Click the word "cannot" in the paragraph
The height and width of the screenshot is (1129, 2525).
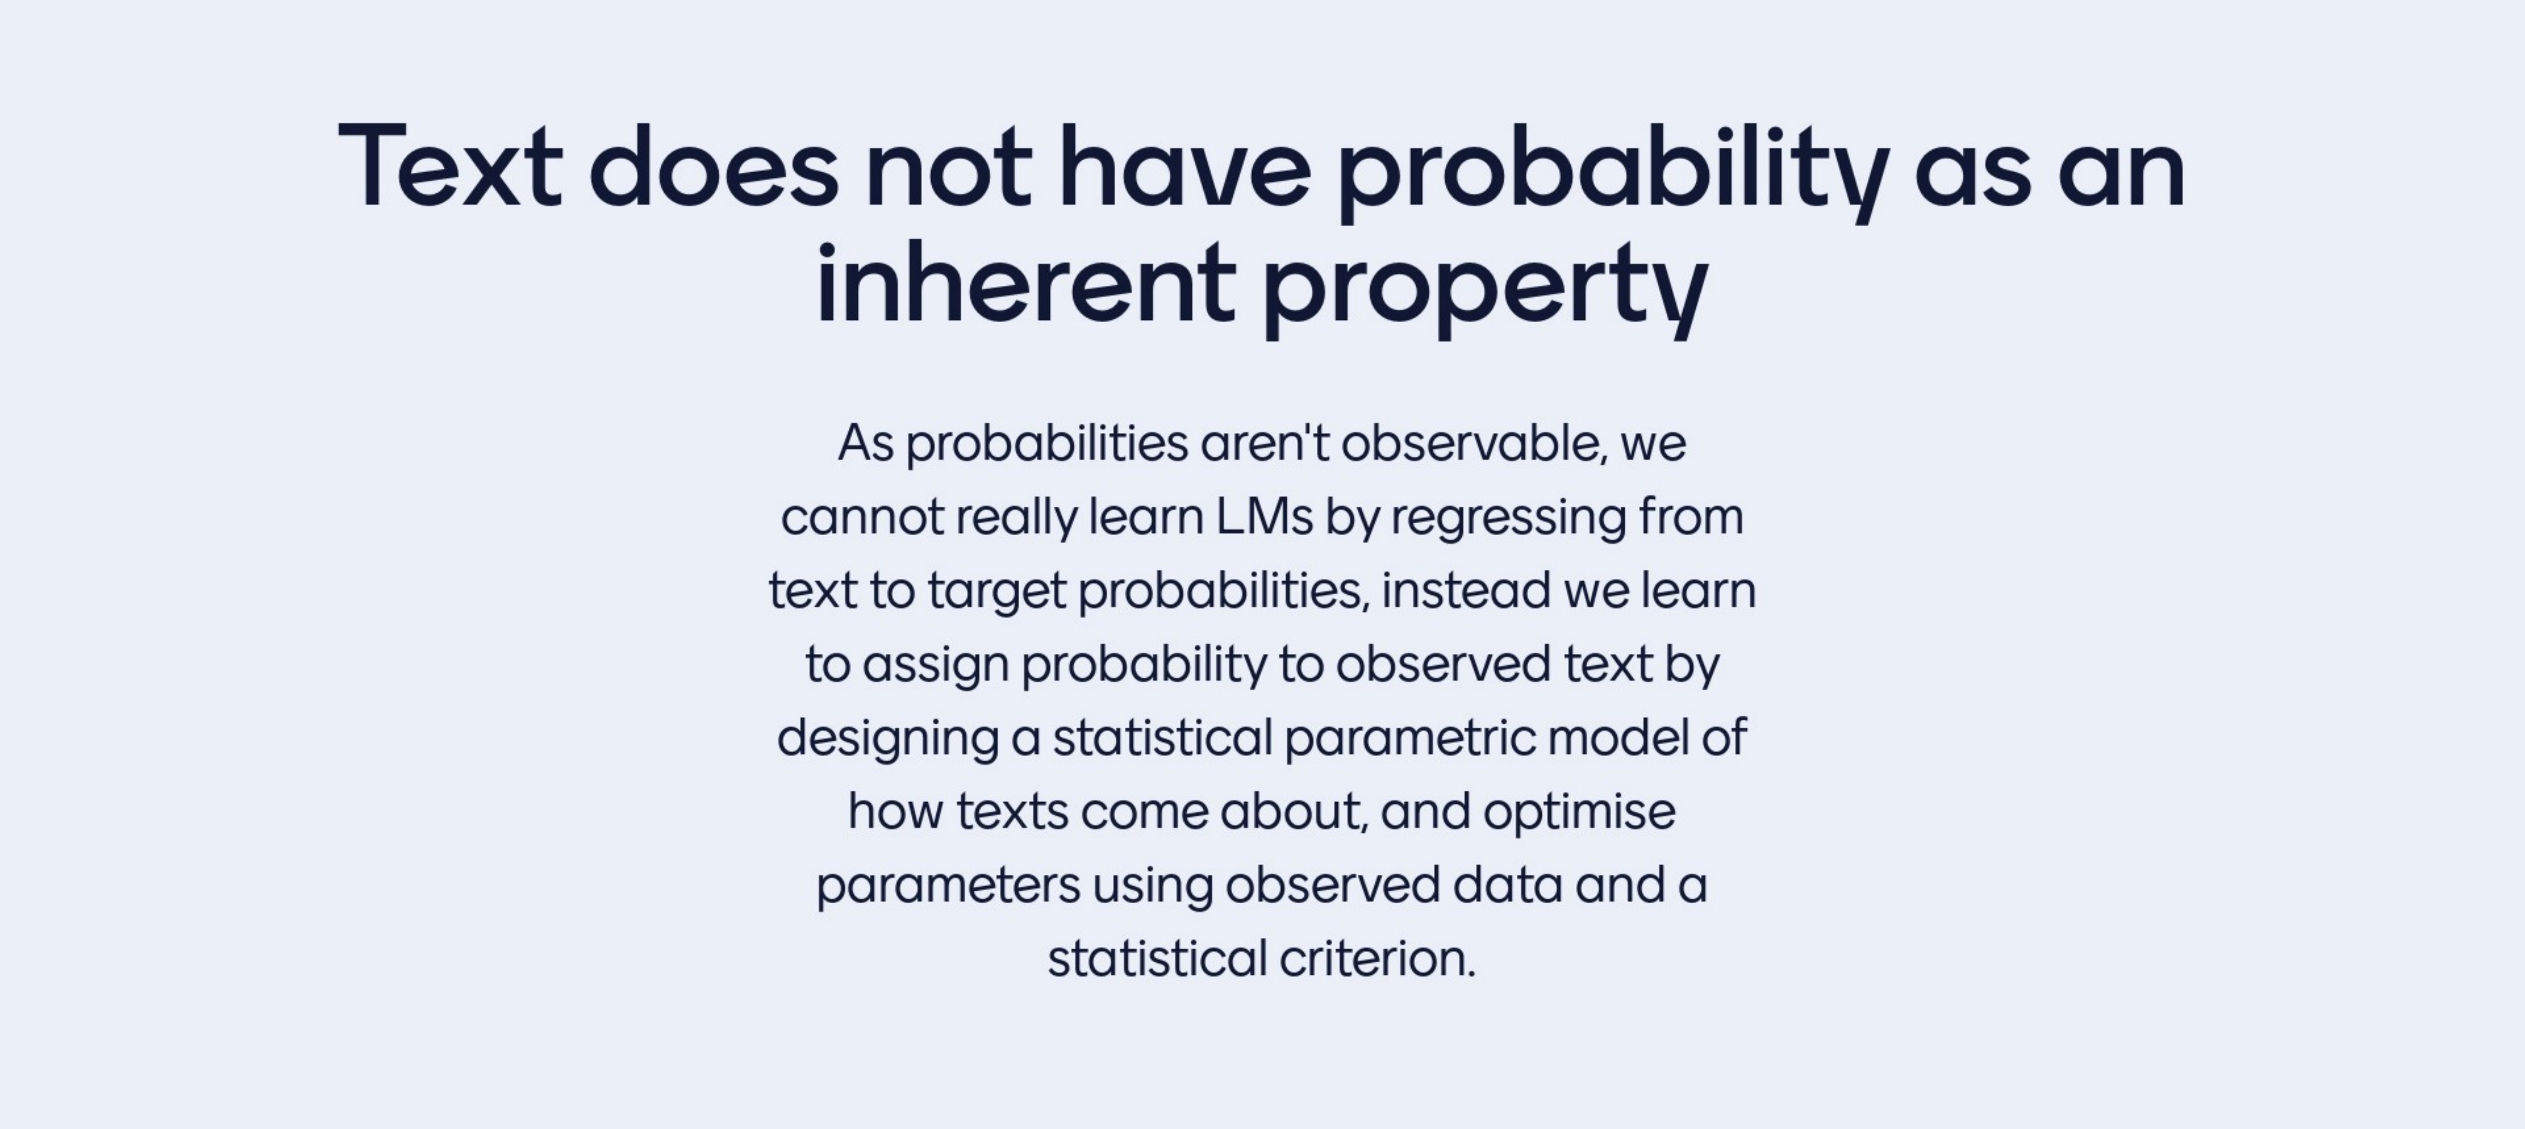[x=862, y=518]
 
